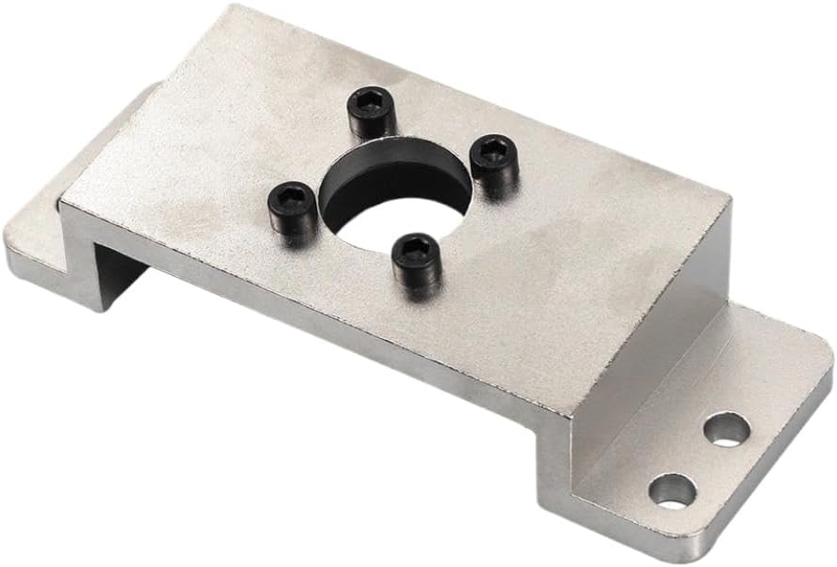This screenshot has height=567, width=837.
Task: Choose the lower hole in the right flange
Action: [673, 489]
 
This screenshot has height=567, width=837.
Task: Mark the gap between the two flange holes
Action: [700, 459]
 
